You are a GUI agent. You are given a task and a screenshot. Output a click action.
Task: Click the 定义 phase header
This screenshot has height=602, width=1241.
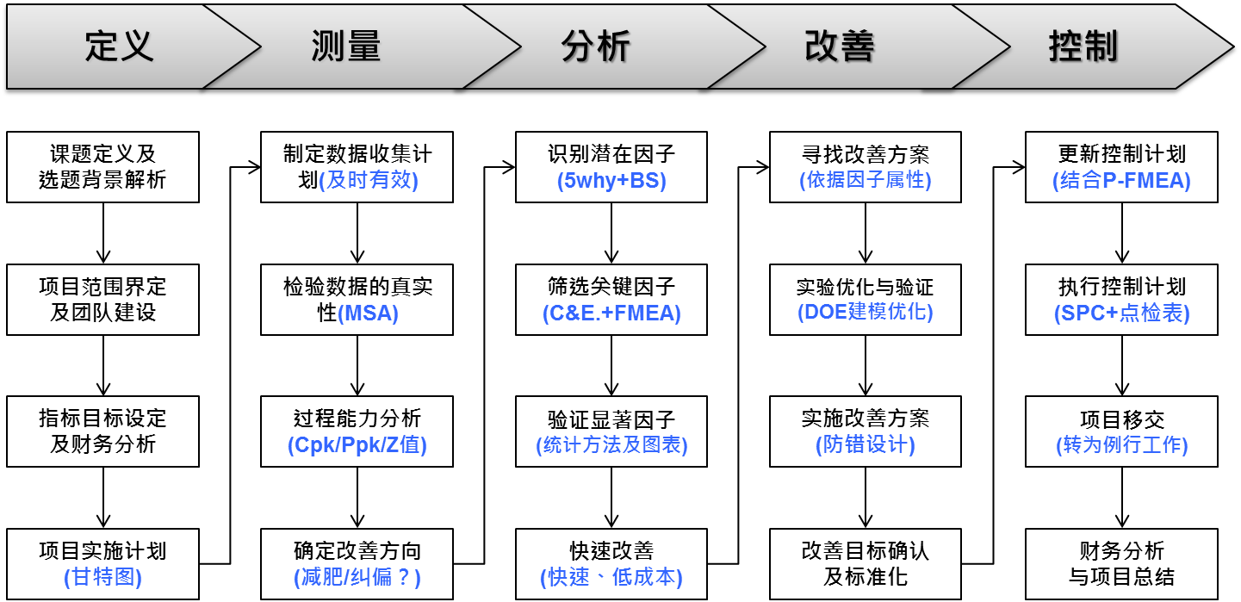click(119, 46)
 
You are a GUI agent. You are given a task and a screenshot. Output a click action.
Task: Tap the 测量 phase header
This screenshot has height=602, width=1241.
click(346, 46)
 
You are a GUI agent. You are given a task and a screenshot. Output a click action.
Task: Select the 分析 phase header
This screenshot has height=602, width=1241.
click(596, 46)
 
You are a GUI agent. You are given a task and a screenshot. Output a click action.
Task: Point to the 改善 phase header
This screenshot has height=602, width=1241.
click(840, 46)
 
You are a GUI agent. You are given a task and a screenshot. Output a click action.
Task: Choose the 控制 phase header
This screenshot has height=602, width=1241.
click(1083, 46)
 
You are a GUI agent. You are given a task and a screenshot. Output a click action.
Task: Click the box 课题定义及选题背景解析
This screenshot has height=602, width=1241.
click(103, 167)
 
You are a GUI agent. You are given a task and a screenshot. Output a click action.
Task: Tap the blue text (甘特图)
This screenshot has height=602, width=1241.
click(103, 577)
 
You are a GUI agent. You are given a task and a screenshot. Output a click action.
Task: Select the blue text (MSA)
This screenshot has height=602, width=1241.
click(371, 313)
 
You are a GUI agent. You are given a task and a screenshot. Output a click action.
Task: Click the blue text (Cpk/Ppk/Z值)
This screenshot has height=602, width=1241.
click(357, 445)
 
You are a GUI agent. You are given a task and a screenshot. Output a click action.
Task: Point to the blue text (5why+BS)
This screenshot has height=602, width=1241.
click(611, 181)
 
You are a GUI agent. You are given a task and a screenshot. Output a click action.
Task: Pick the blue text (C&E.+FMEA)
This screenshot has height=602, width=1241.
click(611, 313)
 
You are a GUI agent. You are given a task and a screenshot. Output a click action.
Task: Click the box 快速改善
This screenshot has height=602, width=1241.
click(611, 564)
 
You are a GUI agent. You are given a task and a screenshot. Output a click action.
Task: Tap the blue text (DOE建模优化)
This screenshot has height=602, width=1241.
click(866, 312)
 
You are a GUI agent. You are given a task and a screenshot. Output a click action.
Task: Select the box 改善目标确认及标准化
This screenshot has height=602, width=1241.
click(866, 564)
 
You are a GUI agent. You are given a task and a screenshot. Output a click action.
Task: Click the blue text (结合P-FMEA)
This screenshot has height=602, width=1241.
click(1122, 181)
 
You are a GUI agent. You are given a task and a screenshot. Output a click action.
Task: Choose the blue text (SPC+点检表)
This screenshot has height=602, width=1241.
click(1122, 313)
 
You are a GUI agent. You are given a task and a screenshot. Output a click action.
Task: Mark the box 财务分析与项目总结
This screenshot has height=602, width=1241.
click(1122, 564)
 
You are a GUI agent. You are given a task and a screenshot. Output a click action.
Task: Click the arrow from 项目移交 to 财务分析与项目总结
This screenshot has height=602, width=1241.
click(1122, 497)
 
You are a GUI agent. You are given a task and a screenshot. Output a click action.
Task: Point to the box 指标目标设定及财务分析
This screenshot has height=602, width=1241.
click(103, 431)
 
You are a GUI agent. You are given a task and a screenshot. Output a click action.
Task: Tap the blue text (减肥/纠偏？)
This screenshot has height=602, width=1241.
click(357, 577)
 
